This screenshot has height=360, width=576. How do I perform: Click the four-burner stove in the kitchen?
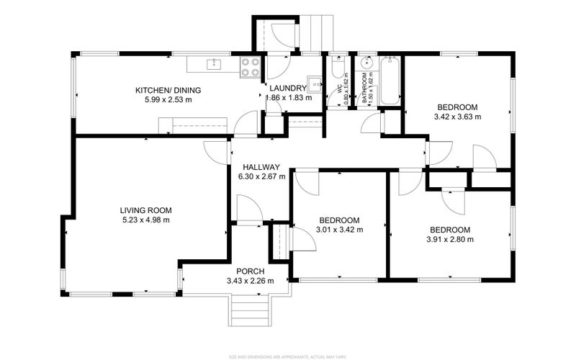click(249, 66)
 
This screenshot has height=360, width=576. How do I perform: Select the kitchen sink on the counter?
click(213, 65)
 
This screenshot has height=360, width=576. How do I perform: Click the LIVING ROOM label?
click(145, 210)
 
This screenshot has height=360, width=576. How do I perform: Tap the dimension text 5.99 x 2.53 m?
click(168, 100)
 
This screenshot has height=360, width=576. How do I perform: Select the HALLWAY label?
click(261, 166)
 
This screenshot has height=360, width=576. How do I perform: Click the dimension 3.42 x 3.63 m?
click(457, 115)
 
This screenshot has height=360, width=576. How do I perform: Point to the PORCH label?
click(250, 271)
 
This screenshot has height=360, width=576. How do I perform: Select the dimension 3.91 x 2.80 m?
click(450, 240)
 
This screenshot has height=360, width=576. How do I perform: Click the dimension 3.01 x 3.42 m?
click(341, 230)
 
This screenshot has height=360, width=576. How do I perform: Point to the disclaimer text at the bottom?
click(287, 355)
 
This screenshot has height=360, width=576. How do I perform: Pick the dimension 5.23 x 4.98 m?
click(145, 220)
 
